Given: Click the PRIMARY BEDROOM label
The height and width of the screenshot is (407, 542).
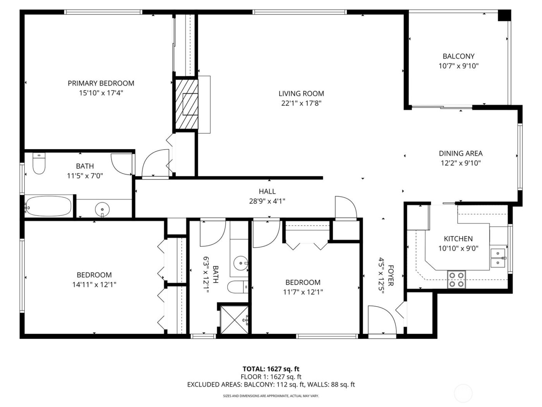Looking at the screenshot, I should click(x=101, y=83).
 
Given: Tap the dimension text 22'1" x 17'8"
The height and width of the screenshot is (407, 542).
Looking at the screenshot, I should click(x=302, y=103).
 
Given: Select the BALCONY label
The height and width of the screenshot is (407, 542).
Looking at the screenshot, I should click(x=458, y=56).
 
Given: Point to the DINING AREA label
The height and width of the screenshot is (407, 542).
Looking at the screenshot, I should click(x=460, y=153).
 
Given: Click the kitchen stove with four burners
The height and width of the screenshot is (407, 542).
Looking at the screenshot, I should click(x=456, y=279).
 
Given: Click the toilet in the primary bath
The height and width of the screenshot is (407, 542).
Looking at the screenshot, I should click(x=39, y=164).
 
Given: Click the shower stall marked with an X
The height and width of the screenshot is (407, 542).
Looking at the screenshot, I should click(x=234, y=319).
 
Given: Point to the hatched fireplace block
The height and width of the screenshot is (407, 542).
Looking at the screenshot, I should click(x=187, y=104).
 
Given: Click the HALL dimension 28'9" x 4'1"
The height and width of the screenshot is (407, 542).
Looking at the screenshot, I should click(x=267, y=201).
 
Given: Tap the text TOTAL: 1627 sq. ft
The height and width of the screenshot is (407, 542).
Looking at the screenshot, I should click(x=271, y=369).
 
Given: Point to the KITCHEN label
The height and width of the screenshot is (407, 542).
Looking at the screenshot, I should click(x=458, y=239).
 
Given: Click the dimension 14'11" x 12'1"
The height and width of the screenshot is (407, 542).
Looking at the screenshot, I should click(x=94, y=285).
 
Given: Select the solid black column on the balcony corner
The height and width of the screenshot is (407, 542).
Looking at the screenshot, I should click(x=504, y=15).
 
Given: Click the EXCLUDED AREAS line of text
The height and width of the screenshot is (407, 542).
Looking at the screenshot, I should click(x=271, y=385).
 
